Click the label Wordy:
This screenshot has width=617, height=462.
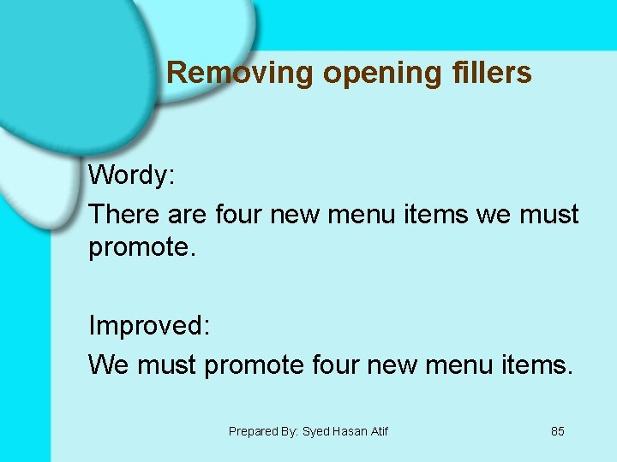coord(132,175)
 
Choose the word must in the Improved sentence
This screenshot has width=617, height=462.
coord(166,365)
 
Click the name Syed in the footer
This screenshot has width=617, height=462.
coord(316,432)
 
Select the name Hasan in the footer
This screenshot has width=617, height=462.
coord(350,432)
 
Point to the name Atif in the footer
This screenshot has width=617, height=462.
coord(380,432)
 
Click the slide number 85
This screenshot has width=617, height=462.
coord(558,432)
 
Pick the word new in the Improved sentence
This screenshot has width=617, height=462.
coord(397,365)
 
